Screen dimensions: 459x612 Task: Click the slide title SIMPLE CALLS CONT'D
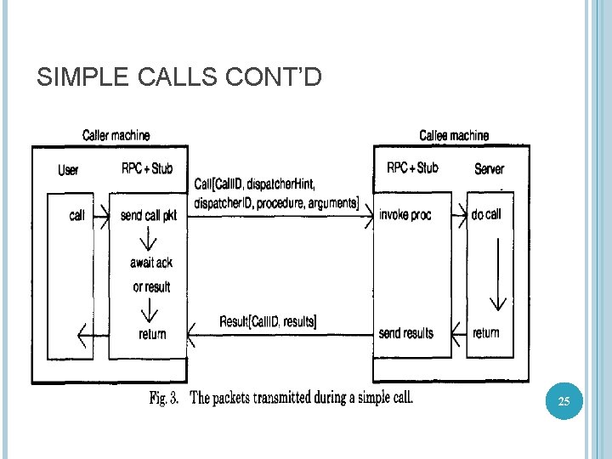[179, 78]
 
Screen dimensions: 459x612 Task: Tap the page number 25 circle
[564, 400]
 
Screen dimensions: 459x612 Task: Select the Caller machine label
[116, 135]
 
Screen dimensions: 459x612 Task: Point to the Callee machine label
[454, 135]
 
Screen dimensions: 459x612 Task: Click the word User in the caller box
[68, 170]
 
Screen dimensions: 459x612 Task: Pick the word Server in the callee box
[489, 169]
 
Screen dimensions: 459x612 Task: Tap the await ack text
[151, 263]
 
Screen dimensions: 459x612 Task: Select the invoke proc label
[405, 215]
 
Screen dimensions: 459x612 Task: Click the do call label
[486, 214]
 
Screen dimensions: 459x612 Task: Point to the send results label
[405, 333]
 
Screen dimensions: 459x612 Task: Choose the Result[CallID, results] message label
[268, 321]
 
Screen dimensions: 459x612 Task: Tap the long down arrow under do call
[498, 272]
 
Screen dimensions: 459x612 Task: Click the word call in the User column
[76, 215]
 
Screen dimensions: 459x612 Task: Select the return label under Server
[486, 332]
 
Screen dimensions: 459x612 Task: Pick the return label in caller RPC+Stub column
[152, 334]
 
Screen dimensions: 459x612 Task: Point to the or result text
[151, 286]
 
